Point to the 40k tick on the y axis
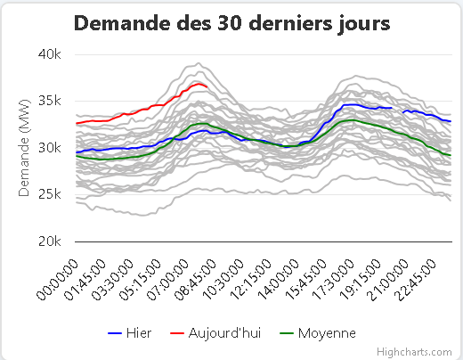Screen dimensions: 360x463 click(50, 54)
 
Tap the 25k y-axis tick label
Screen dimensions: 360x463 click(50, 194)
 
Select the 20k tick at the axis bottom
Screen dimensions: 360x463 click(50, 241)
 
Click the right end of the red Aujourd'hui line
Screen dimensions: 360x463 click(207, 86)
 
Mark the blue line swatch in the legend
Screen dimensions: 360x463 click(115, 333)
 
